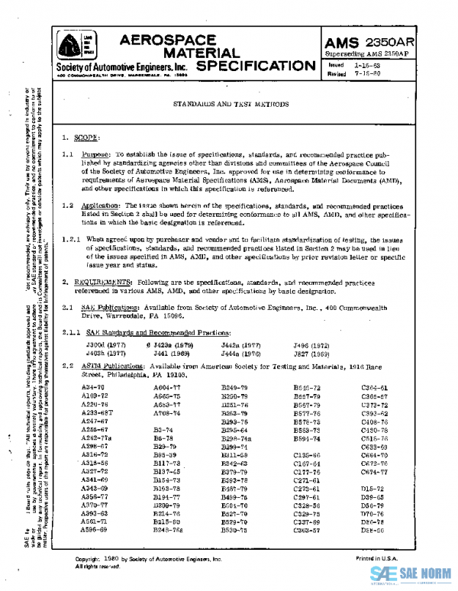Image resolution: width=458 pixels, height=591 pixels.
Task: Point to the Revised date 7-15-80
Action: tap(367, 74)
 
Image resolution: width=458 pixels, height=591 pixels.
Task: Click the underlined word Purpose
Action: tap(97, 153)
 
